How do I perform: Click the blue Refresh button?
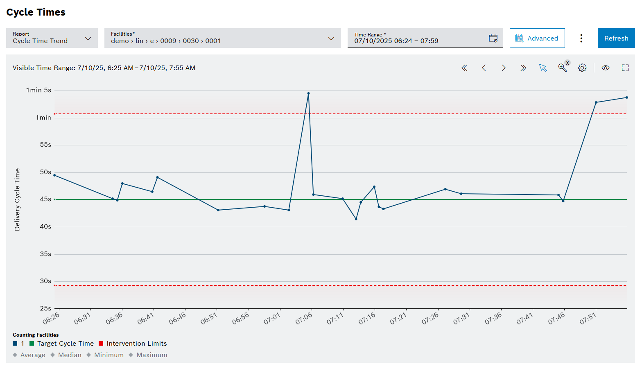coord(616,38)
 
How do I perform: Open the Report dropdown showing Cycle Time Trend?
coord(52,38)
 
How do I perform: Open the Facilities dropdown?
coord(222,38)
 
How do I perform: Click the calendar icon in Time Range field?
coord(493,38)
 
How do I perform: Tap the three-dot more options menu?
coord(581,38)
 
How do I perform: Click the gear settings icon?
coord(582,68)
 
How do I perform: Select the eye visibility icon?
coord(605,68)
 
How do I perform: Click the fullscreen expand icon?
coord(625,68)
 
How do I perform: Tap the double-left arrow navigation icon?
coord(464,68)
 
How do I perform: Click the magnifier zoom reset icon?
coord(563,68)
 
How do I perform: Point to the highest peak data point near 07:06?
coord(308,93)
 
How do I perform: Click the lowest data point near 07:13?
coord(356,219)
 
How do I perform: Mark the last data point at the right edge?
coord(626,97)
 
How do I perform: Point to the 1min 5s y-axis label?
coord(39,90)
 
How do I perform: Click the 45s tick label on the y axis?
coord(45,199)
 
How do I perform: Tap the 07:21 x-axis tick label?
coord(398,318)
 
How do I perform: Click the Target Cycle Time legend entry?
coord(66,344)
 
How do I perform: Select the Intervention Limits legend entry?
coord(136,344)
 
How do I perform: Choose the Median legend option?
coord(70,355)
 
